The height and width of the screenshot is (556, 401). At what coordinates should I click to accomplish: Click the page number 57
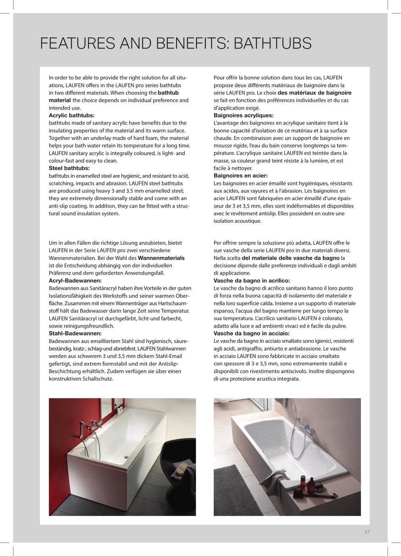coord(367,532)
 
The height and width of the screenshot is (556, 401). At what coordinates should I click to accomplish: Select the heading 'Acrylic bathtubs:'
coord(71,116)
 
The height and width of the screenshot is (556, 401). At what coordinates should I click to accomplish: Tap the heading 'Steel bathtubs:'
coord(69,168)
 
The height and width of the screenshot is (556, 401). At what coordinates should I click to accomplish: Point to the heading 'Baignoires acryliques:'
coord(243,116)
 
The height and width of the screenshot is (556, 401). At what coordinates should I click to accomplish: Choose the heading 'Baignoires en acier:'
coord(241,176)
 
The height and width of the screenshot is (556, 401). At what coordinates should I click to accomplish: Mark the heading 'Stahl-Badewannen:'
coord(75,334)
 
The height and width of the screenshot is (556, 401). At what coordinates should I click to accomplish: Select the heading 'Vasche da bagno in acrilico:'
coord(252,281)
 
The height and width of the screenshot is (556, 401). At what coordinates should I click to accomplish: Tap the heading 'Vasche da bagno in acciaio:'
coord(251,334)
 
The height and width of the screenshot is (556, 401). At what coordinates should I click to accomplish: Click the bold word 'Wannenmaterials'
coord(161,258)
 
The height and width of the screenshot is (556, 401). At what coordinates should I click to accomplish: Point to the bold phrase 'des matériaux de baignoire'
coord(314,93)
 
